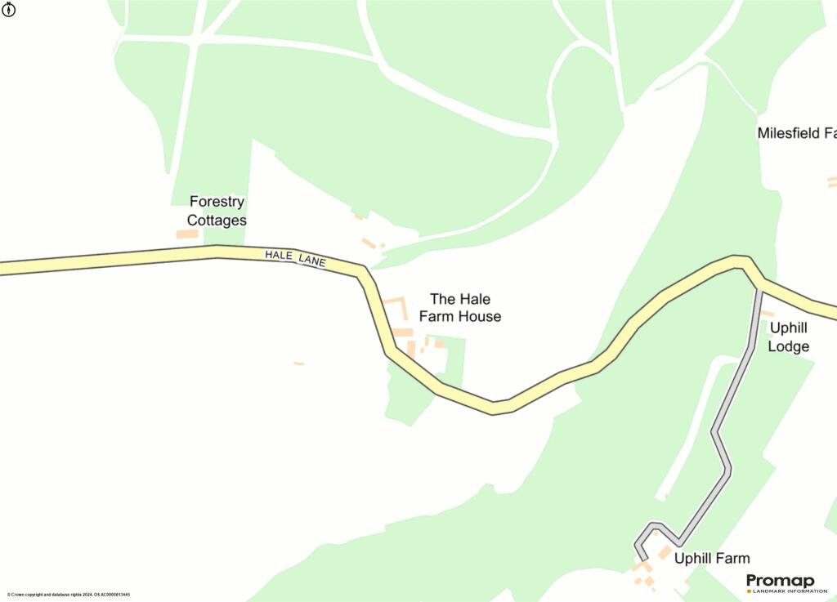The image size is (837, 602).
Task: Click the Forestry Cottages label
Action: click(217, 211)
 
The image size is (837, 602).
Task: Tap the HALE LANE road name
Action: click(295, 259)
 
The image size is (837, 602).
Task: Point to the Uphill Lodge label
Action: click(789, 337)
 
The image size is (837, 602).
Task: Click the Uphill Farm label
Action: click(711, 559)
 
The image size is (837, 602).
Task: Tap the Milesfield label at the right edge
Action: click(798, 132)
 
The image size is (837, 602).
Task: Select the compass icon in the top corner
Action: click(9, 9)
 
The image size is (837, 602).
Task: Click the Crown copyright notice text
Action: click(69, 595)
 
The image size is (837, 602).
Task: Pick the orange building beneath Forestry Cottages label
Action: click(187, 234)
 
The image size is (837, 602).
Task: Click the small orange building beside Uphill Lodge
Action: click(767, 313)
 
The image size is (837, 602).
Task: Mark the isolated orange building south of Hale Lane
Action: click(298, 363)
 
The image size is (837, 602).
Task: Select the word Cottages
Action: click(217, 221)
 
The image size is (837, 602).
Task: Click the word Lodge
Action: click(789, 346)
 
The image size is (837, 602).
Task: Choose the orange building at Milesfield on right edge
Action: click(832, 181)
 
